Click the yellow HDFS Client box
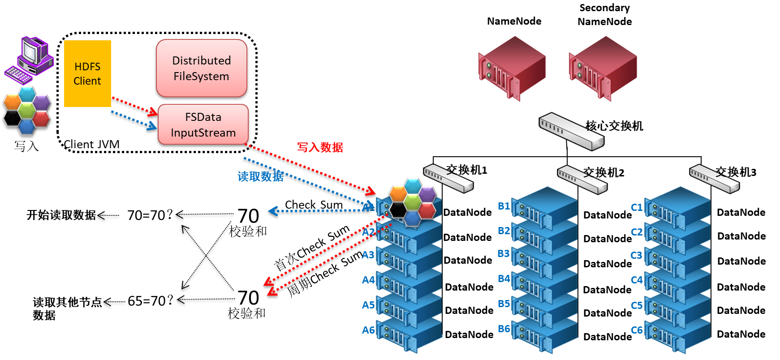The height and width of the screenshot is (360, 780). coord(87,74)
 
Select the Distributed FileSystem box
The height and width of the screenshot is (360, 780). coord(202,69)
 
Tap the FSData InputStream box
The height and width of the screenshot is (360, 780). coord(203,125)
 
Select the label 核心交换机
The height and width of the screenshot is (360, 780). coord(614,126)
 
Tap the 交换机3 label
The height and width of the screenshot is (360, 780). coord(736,172)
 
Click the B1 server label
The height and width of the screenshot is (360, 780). coord(504,206)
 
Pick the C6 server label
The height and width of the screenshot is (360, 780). coord(637,330)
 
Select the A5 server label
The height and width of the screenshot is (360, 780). coord(368,305)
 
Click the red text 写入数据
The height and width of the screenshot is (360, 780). coord(320,147)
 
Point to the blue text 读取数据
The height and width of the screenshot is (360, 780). coord(260,176)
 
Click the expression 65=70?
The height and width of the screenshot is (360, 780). coord(150,301)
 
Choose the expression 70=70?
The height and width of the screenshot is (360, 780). coord(150,215)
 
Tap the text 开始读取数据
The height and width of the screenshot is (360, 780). coord(61,215)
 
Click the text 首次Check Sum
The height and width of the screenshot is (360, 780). coord(311,247)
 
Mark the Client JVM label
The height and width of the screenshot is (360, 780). coord(91,144)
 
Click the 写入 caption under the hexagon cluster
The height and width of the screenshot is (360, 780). coord(26,146)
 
